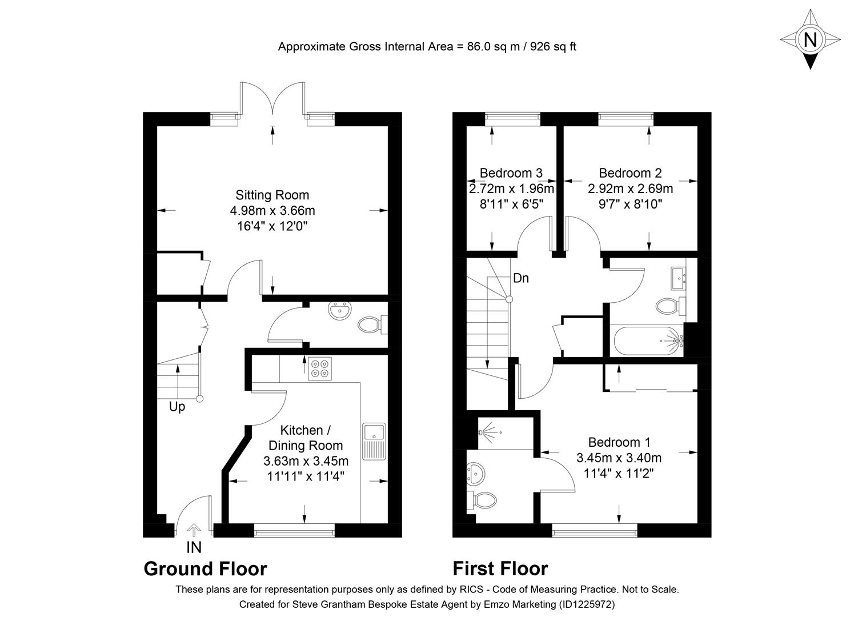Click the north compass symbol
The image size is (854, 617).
coord(809,39)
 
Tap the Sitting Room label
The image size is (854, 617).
coord(272,195)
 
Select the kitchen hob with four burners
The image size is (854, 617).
coord(319,368)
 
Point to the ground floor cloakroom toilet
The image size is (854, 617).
coord(371,326)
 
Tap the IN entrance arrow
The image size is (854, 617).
coord(194,531)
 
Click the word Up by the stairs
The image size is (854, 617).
coord(177,407)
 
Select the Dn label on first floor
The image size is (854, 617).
coord(520,278)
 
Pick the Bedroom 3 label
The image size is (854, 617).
coord(511,173)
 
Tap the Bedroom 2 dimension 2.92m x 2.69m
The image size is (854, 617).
coord(630,189)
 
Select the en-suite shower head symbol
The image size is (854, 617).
coord(487,432)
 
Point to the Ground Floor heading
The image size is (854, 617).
coord(205,569)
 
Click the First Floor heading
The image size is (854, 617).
coord(500,569)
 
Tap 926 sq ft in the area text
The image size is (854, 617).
coord(553,47)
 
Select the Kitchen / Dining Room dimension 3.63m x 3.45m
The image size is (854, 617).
coord(306,461)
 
